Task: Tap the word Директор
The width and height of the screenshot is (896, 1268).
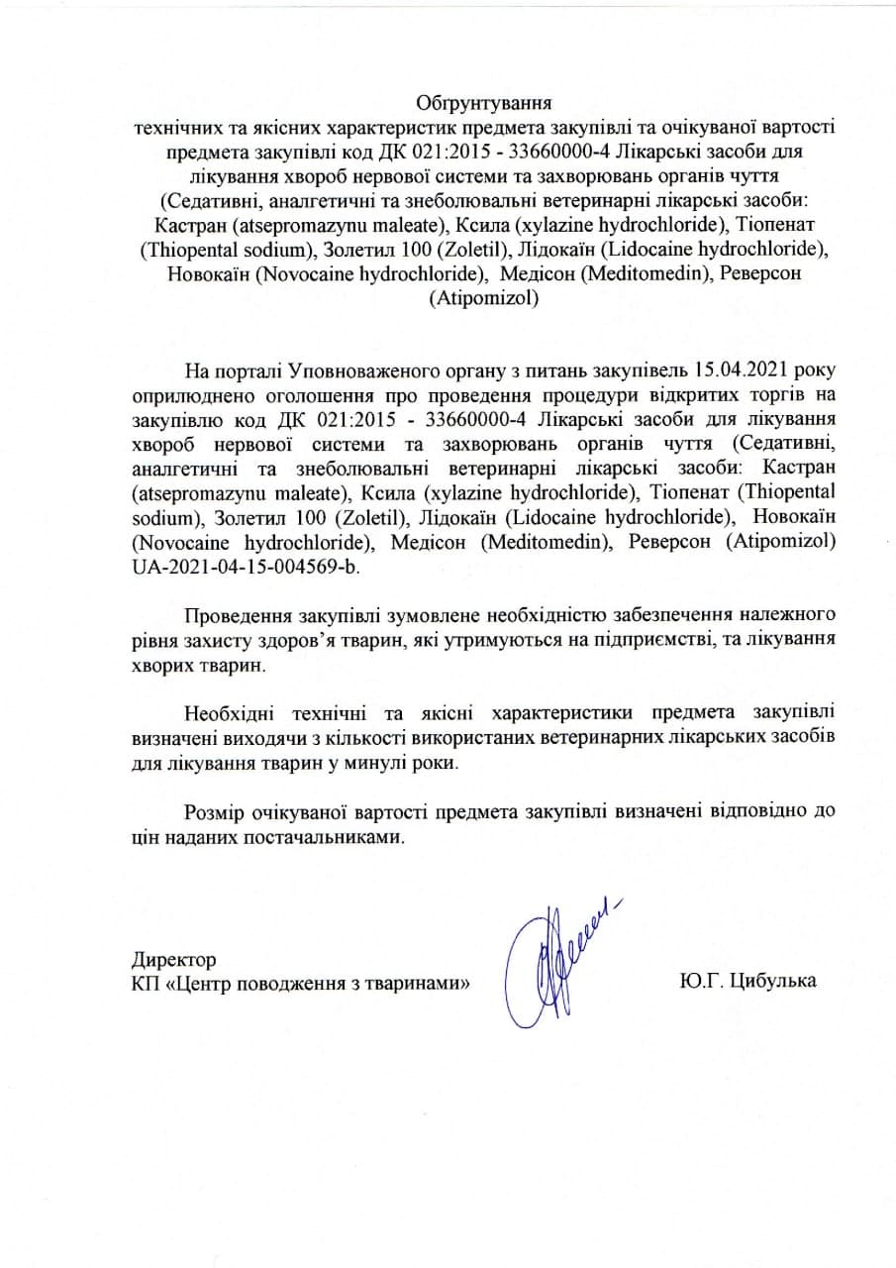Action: tap(173, 960)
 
